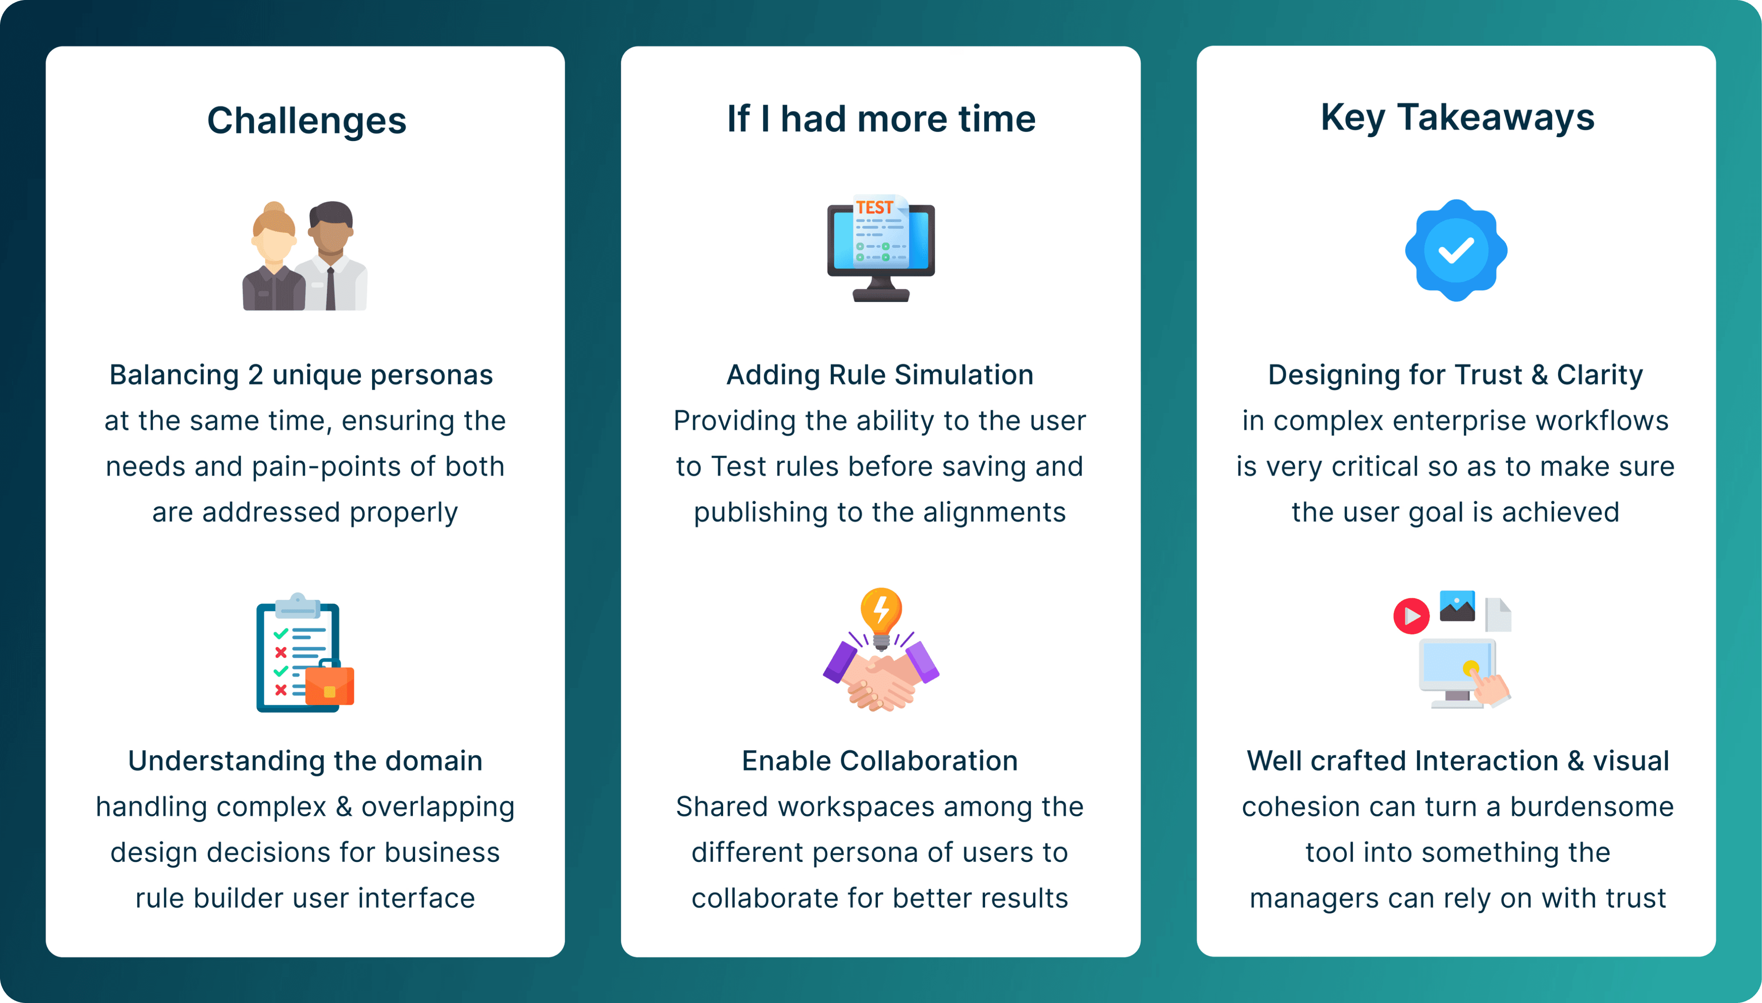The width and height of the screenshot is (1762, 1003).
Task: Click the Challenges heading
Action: (x=307, y=121)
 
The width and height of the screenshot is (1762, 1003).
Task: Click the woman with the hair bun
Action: (x=273, y=258)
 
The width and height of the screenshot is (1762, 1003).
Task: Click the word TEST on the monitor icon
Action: (x=874, y=207)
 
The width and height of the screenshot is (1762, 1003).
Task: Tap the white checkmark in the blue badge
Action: (x=1455, y=251)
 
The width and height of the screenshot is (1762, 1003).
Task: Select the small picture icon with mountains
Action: (x=1457, y=606)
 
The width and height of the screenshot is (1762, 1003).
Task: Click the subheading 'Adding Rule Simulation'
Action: (x=880, y=375)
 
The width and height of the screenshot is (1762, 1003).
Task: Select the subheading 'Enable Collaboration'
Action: (x=880, y=760)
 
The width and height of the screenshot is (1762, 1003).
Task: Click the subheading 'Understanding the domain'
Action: (x=305, y=760)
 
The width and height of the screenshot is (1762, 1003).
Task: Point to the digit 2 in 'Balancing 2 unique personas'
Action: (x=255, y=375)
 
